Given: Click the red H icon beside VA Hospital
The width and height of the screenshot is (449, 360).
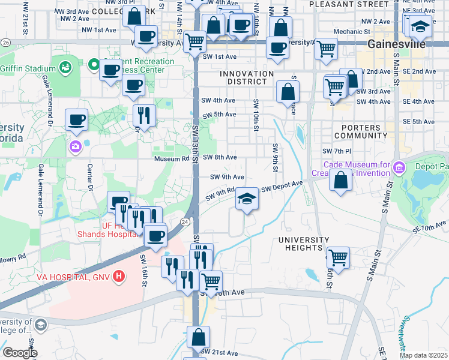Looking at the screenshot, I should pyautogui.click(x=119, y=277).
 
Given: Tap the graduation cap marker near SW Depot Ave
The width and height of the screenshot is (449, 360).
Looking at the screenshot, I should pyautogui.click(x=246, y=199).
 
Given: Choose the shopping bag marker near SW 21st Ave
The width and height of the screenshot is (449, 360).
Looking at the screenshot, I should pyautogui.click(x=198, y=337).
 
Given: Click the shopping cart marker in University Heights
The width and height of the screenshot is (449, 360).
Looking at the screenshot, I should pyautogui.click(x=339, y=257).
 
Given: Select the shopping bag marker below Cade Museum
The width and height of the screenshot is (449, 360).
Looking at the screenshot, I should pyautogui.click(x=341, y=180).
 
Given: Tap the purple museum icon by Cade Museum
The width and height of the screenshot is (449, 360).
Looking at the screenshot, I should pyautogui.click(x=400, y=165).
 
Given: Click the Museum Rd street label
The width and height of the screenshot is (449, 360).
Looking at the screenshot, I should pyautogui.click(x=171, y=158).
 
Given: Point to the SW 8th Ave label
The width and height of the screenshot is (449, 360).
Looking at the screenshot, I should pyautogui.click(x=219, y=157).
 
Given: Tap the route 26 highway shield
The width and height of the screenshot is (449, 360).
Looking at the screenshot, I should pyautogui.click(x=5, y=43).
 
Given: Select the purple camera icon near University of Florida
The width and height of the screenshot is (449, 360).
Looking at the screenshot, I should pyautogui.click(x=75, y=146).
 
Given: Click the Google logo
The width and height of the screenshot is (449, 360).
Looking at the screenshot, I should pyautogui.click(x=20, y=352).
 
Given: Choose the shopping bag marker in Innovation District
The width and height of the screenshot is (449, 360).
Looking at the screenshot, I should pyautogui.click(x=288, y=91).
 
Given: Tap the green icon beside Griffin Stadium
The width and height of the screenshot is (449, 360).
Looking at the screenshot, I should pyautogui.click(x=64, y=67).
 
